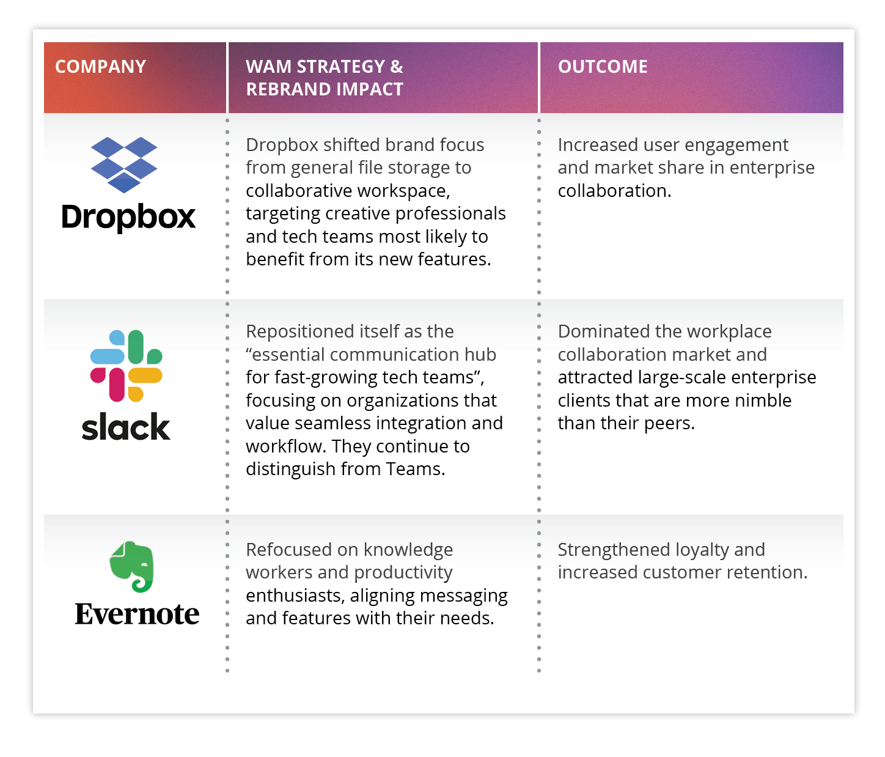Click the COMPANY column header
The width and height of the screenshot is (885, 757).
click(x=101, y=67)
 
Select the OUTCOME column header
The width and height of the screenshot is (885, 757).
click(x=603, y=67)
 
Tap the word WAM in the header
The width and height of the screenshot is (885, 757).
click(x=266, y=67)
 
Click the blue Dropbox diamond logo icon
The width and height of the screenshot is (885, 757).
click(x=124, y=165)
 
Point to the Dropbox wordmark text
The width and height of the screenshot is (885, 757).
click(x=128, y=218)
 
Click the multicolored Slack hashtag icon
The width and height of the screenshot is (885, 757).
click(x=127, y=366)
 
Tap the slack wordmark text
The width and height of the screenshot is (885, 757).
click(x=126, y=427)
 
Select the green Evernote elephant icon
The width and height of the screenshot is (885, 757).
click(x=131, y=566)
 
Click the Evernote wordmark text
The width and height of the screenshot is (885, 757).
click(x=137, y=613)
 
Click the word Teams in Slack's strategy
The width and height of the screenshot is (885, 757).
click(x=414, y=469)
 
